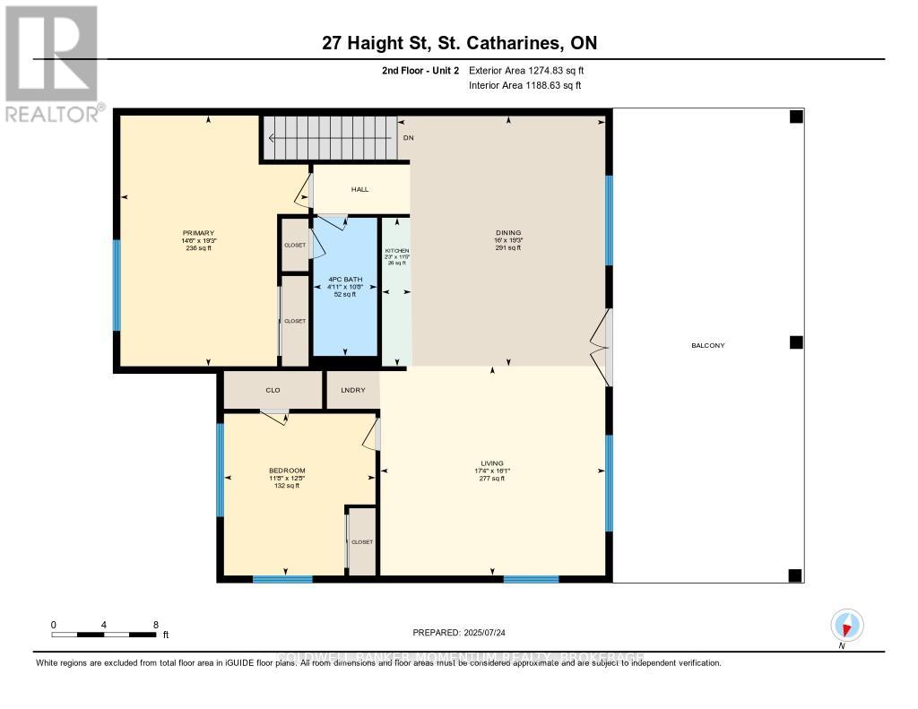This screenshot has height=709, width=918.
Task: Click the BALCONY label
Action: click(707, 345)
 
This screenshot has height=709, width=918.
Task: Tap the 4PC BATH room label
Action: click(345, 286)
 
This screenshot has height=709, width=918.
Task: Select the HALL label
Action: click(359, 189)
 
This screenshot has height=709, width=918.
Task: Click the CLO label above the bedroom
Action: click(273, 391)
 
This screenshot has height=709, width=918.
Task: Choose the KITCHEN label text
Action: click(396, 251)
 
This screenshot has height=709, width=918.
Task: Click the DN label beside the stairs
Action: click(408, 138)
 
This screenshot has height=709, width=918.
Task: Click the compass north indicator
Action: click(846, 626)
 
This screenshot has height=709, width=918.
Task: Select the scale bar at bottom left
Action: click(104, 635)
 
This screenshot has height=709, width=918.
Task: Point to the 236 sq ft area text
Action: click(197, 248)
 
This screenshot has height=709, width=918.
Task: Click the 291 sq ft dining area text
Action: click(507, 248)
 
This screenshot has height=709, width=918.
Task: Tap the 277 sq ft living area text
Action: click(491, 479)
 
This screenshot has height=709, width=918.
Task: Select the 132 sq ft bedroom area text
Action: click(287, 486)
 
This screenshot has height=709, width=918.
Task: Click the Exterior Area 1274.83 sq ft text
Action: click(526, 70)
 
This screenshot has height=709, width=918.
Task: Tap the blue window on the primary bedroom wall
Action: click(117, 284)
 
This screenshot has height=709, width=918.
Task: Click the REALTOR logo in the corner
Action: click(52, 64)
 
